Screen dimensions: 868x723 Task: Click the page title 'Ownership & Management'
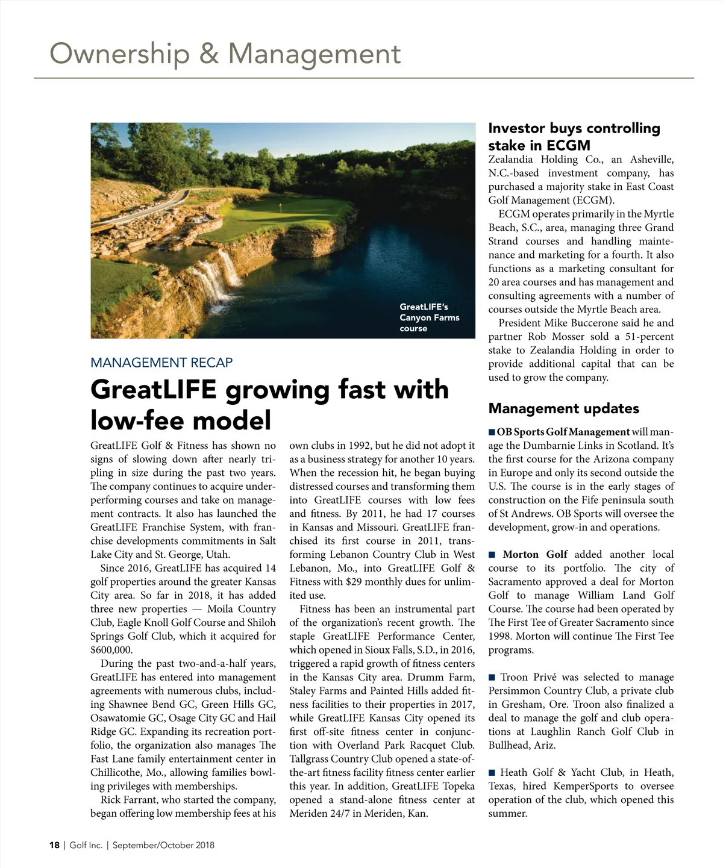click(x=225, y=54)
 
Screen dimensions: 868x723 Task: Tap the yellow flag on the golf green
click(x=281, y=206)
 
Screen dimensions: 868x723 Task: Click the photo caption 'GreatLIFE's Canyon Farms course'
click(x=429, y=317)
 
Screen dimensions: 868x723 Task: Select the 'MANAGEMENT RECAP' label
click(x=161, y=363)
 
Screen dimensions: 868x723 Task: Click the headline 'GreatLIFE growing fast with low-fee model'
click(x=269, y=404)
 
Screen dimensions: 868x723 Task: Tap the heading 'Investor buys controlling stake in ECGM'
click(x=574, y=136)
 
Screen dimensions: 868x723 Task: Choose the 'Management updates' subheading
click(x=563, y=408)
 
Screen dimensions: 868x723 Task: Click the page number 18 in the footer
click(x=54, y=845)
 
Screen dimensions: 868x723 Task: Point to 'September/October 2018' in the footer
click(x=163, y=845)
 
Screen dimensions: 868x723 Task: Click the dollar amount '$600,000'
click(x=111, y=650)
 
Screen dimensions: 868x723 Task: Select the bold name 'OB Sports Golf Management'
click(x=563, y=432)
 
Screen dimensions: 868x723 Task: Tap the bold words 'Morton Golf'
click(x=535, y=554)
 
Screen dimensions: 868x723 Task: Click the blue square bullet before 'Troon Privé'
click(x=492, y=678)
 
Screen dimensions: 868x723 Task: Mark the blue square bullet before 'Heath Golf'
click(x=492, y=773)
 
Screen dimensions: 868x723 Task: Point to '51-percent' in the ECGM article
click(x=649, y=337)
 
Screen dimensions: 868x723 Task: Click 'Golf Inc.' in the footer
click(x=86, y=845)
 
